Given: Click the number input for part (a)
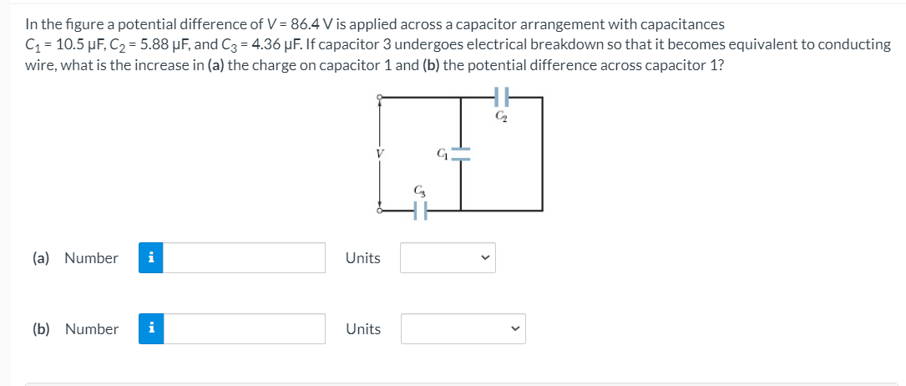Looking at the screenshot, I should [x=251, y=257].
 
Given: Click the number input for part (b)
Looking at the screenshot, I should [x=251, y=328].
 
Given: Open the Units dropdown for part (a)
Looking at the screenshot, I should [x=447, y=257].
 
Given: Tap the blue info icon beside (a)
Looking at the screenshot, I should [x=149, y=257].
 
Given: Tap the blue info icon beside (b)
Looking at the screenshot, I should [x=149, y=328].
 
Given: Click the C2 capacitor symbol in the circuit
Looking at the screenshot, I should [x=502, y=96].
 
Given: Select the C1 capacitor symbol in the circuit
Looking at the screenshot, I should [x=462, y=154].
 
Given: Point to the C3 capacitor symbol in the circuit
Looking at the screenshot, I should [x=421, y=212].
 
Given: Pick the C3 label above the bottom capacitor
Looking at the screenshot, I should [x=420, y=192].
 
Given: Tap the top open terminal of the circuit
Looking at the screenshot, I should [x=381, y=97].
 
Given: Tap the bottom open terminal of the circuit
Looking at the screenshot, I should [x=381, y=211].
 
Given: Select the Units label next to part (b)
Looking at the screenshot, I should [x=362, y=328].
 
